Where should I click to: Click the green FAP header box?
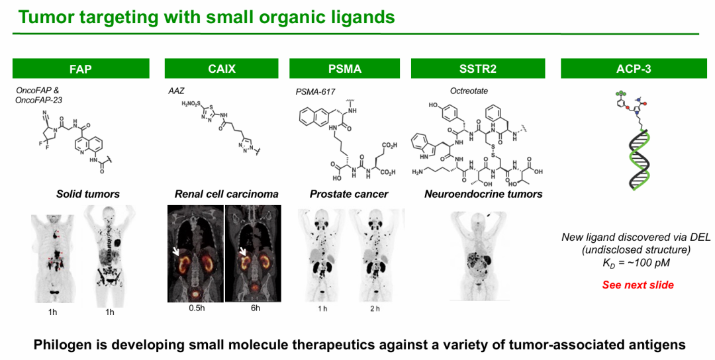[x=80, y=69]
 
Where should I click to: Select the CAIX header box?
[x=222, y=69]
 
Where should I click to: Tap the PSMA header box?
[x=345, y=69]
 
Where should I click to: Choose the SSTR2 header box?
[x=477, y=69]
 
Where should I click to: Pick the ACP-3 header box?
[x=634, y=69]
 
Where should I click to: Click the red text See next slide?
[x=638, y=285]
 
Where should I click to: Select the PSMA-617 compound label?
[x=315, y=91]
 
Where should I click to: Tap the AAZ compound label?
[x=176, y=91]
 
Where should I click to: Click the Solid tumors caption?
[x=87, y=194]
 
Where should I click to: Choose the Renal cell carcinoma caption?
[x=226, y=194]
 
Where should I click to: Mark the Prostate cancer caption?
[x=349, y=194]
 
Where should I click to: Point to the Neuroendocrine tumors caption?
[x=483, y=194]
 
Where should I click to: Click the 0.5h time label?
[x=194, y=308]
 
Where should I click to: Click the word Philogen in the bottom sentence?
[x=64, y=345]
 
